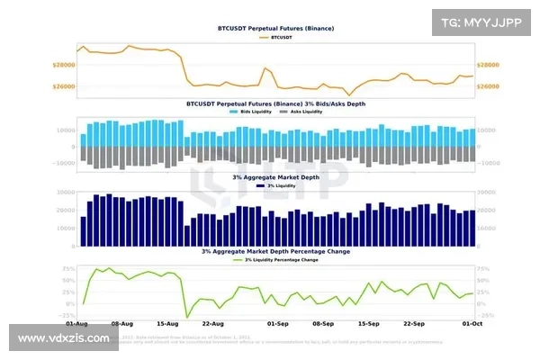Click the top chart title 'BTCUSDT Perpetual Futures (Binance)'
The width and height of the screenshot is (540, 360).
(275, 29)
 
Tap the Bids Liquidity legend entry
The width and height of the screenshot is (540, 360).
(247, 112)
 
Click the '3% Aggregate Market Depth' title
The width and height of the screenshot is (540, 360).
(274, 177)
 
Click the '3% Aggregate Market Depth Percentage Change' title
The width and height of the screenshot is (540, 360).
(275, 251)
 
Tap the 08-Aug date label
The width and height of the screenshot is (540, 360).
(121, 322)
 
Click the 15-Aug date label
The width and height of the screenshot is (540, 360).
(167, 322)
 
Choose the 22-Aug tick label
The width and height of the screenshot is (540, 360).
(212, 322)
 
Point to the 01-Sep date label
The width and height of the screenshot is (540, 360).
(278, 322)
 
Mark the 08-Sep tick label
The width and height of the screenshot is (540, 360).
(323, 322)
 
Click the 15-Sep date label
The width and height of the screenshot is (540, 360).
(369, 322)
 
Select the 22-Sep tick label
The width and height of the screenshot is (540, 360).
(414, 322)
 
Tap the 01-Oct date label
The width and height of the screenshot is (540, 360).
(472, 322)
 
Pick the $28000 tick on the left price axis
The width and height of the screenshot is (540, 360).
(63, 65)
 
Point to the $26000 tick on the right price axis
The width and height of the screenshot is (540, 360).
(488, 86)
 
